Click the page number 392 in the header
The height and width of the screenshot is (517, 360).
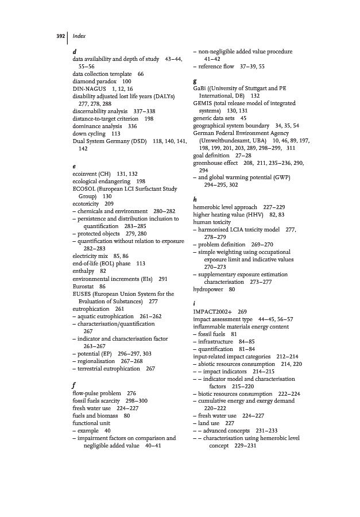[60, 36]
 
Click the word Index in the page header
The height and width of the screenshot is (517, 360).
[79, 36]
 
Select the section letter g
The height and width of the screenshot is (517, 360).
[196, 81]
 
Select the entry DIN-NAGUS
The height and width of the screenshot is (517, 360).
[89, 89]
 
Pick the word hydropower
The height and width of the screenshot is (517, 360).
[208, 289]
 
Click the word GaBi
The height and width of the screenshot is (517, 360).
[201, 88]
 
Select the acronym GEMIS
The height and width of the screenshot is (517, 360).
[204, 103]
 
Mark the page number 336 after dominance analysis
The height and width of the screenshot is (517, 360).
[132, 126]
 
